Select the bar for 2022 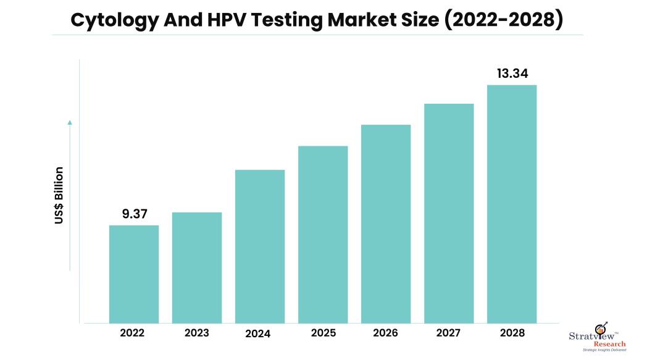(x=134, y=274)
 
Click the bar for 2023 (x=197, y=267)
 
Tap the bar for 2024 (x=260, y=246)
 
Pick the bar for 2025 (x=323, y=234)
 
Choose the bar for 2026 (x=386, y=224)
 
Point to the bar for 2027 (x=449, y=213)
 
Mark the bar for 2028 (x=512, y=204)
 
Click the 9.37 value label (x=134, y=214)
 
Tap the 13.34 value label (x=512, y=74)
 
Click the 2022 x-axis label (x=133, y=333)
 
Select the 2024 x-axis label (x=259, y=334)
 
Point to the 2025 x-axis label (x=323, y=333)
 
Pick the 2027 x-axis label (x=449, y=333)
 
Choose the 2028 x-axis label (x=512, y=333)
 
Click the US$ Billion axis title (x=59, y=195)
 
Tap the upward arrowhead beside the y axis (x=70, y=122)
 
